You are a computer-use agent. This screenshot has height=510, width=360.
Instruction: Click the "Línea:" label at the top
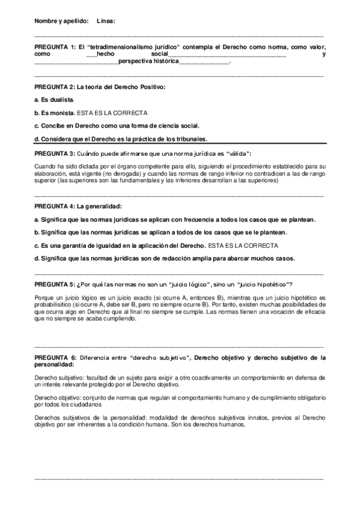coord(106,21)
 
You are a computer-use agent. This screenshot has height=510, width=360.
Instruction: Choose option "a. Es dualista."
coord(55,99)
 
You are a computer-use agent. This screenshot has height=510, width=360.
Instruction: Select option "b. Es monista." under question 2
coord(55,112)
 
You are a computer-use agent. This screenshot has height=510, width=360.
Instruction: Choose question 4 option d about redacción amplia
coord(165,259)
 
